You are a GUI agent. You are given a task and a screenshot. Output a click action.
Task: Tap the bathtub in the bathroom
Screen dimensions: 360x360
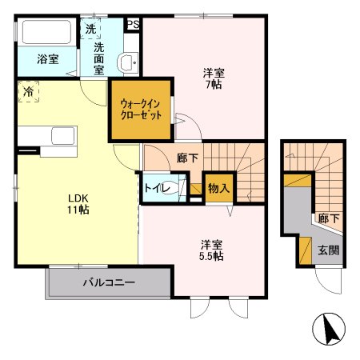46,34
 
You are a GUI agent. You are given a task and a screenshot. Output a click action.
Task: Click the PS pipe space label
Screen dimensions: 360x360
133,24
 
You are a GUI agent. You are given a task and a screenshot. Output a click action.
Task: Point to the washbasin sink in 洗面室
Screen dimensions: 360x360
126,64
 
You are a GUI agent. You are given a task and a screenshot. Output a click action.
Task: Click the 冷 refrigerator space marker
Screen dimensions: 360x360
27,91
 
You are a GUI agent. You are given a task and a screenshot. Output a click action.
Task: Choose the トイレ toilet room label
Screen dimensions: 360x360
155,189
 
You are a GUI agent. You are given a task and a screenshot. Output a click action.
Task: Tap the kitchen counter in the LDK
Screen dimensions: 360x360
55,137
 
